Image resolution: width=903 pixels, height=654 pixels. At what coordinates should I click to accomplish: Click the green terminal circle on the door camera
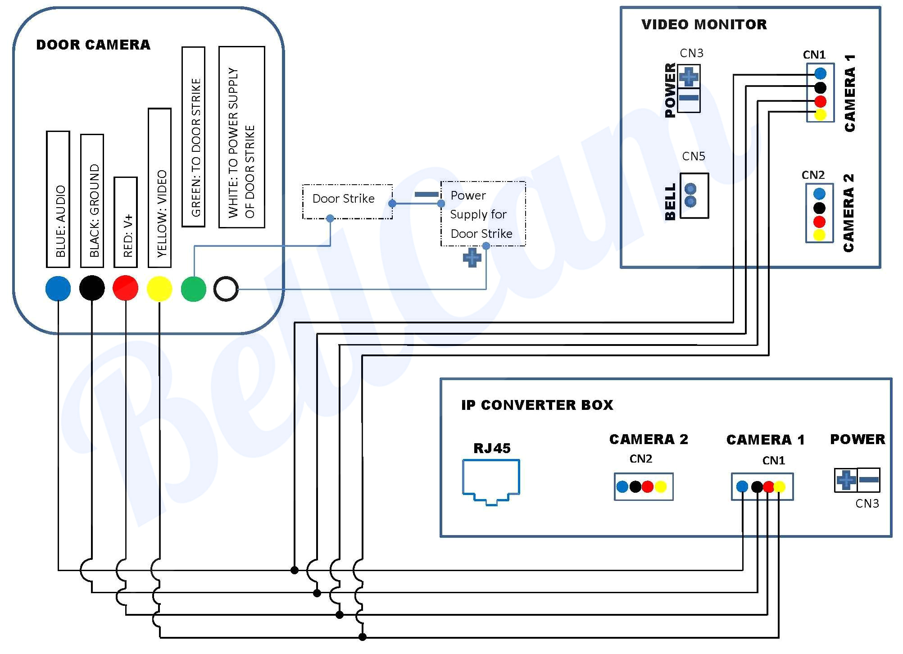tap(193, 289)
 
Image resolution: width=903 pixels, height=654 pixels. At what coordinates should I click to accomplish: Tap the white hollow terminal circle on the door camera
tap(226, 289)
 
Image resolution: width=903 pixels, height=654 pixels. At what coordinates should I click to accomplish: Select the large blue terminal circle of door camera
tap(58, 289)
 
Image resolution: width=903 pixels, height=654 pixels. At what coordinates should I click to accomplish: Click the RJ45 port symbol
tap(491, 481)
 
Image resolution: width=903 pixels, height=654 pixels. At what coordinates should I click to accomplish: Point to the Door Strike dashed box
tap(347, 201)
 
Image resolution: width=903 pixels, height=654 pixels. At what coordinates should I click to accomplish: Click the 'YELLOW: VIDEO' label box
tap(159, 188)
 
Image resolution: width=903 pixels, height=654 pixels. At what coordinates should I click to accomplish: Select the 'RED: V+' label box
tap(126, 222)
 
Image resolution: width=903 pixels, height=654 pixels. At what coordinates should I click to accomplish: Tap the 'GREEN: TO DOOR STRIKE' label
tap(193, 136)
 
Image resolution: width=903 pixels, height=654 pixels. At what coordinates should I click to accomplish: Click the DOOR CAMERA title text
tap(93, 45)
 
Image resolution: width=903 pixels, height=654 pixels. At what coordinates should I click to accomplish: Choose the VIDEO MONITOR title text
tap(704, 24)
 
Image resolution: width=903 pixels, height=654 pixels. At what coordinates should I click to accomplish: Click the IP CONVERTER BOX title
tap(537, 405)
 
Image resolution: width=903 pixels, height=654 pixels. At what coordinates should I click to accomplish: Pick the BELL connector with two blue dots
tap(694, 195)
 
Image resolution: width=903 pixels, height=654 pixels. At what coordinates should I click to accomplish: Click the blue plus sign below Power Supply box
tap(472, 258)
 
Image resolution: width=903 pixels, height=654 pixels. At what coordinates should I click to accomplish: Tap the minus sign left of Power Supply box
tap(426, 195)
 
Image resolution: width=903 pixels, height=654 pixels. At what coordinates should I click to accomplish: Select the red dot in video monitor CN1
tap(820, 101)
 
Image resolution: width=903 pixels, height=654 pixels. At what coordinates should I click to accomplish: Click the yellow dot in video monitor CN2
tap(819, 235)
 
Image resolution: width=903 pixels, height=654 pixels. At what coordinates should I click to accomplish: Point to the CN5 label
tap(694, 156)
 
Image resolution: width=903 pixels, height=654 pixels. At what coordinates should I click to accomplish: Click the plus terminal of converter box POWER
tap(846, 480)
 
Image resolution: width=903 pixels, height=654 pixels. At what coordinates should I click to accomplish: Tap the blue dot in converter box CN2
tap(622, 486)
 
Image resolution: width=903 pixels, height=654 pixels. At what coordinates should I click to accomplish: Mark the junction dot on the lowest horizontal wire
tap(363, 637)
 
